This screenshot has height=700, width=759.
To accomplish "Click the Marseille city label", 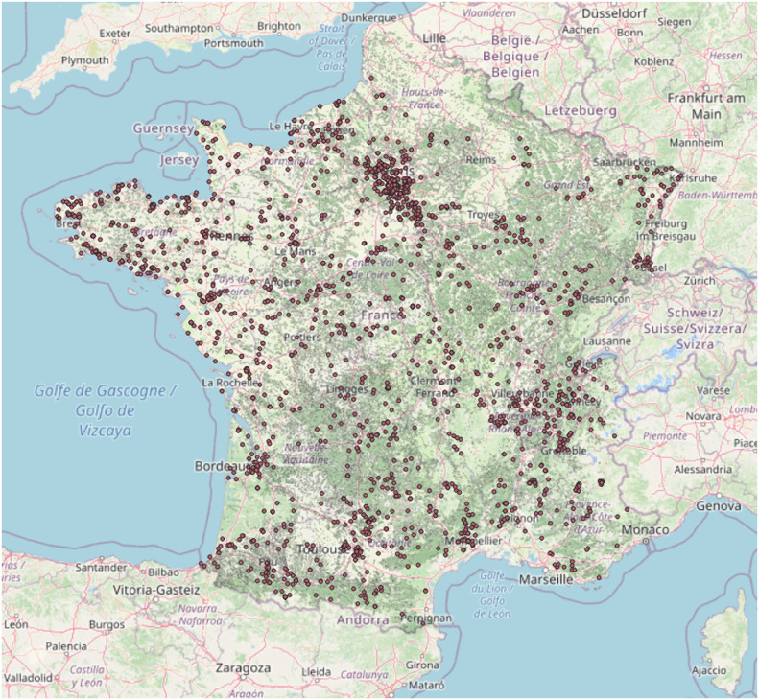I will (x=545, y=579).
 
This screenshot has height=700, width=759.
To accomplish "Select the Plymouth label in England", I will (x=85, y=59).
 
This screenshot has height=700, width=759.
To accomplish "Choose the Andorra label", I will (x=362, y=619).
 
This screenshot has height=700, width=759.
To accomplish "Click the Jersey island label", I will (x=179, y=159).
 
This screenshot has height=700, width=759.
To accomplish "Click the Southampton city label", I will (x=178, y=28).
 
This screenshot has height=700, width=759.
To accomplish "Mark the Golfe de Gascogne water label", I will (x=106, y=391).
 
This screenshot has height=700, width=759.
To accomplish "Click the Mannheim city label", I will (x=695, y=143).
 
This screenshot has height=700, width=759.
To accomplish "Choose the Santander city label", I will (x=88, y=568).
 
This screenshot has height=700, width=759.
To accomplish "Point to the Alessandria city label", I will (x=699, y=470).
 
